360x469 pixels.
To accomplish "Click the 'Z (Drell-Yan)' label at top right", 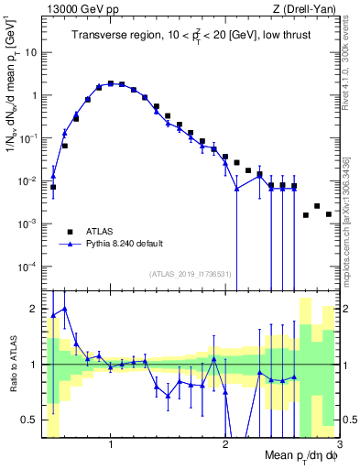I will [x=306, y=9].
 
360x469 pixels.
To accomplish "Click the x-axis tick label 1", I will [x=111, y=445].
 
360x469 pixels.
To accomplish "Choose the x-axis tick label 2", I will [x=225, y=445].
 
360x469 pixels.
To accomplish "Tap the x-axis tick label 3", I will [x=338, y=445].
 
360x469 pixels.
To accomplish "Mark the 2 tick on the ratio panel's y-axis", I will [x=34, y=309].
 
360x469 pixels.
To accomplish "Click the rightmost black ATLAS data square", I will [x=329, y=214].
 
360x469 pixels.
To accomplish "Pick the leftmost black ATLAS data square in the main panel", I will [x=53, y=187].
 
